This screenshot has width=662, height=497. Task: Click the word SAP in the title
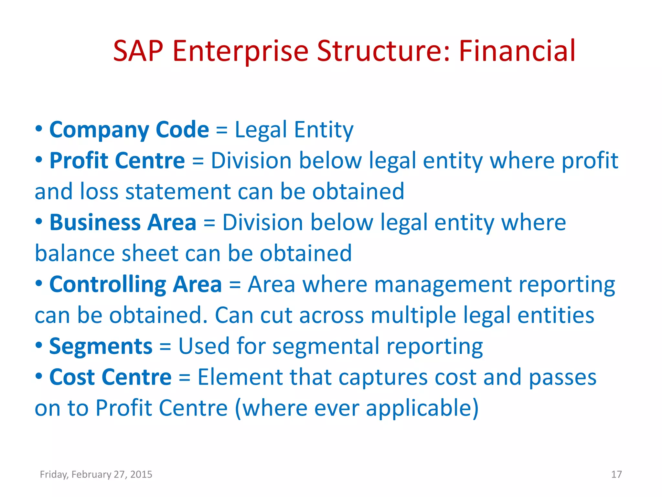138,51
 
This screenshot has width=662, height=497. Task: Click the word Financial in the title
517,51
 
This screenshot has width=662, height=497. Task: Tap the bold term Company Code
129,130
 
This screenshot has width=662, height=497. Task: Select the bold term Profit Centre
117,160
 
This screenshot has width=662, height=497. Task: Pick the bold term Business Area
123,223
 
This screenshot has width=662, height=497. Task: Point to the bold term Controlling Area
135,284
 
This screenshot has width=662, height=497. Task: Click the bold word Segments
101,346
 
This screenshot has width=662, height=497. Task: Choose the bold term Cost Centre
110,377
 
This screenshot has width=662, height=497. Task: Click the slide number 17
616,474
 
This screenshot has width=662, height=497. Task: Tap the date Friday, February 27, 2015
96,474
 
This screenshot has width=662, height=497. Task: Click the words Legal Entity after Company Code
294,130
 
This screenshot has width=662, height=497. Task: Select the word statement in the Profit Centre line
178,192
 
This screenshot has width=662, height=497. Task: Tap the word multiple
413,315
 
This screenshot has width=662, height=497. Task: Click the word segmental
326,346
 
